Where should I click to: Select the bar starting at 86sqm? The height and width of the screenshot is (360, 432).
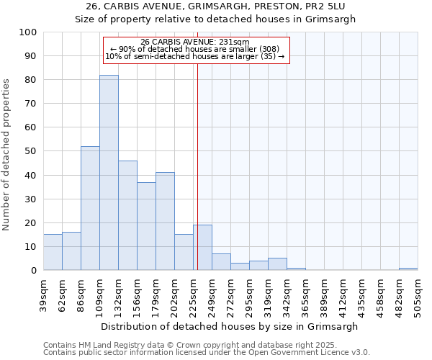(90, 208)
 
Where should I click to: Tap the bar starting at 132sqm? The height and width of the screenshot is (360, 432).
(127, 215)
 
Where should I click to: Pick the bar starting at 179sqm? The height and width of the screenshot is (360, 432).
(165, 221)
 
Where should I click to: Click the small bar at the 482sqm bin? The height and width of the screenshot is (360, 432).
(408, 269)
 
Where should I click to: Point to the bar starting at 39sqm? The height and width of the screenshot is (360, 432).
(53, 252)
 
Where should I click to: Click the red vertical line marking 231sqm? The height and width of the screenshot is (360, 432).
(197, 180)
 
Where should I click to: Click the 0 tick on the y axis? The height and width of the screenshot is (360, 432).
(34, 270)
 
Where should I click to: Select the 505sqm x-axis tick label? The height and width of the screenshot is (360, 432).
(418, 294)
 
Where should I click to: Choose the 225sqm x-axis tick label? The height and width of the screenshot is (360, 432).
(193, 294)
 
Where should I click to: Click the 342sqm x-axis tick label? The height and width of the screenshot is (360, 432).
(287, 294)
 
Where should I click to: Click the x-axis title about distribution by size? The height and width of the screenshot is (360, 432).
(229, 326)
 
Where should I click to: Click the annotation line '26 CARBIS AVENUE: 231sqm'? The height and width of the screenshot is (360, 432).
(195, 42)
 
